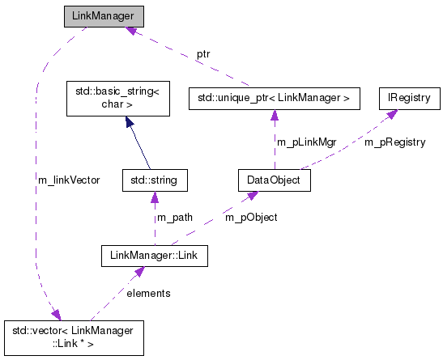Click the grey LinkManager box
(104, 17)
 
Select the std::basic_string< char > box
(117, 98)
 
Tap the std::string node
(153, 180)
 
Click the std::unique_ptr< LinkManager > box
(273, 98)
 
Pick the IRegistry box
(409, 98)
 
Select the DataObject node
(275, 180)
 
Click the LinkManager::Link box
(155, 256)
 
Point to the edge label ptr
(203, 55)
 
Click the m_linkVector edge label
(69, 180)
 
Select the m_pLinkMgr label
(307, 142)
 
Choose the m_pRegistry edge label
(394, 142)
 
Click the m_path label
(174, 218)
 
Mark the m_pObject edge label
(250, 218)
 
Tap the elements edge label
(148, 294)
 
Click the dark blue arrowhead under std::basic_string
(127, 121)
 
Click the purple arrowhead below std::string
(154, 197)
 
